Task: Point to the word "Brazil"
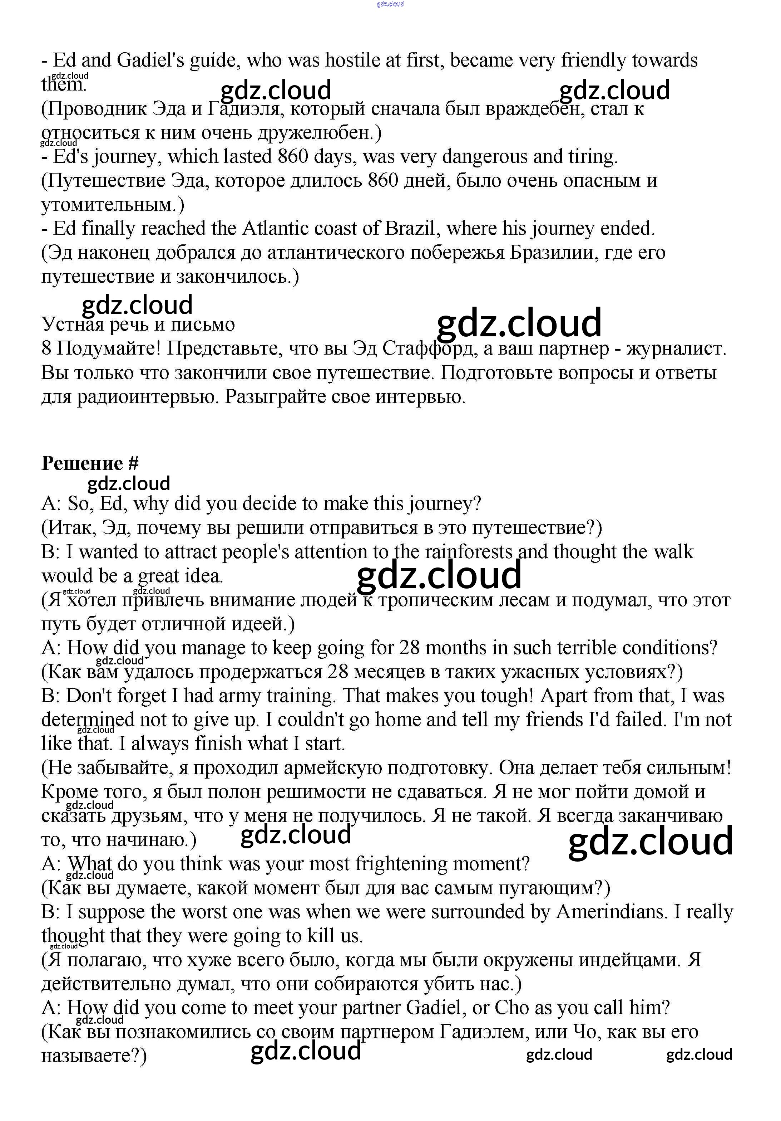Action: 413,229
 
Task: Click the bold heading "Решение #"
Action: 90,463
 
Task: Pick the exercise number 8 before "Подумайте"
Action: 46,349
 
